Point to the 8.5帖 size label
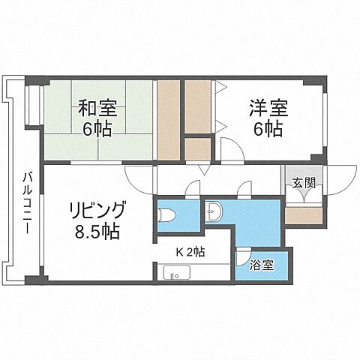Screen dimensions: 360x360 [98, 231]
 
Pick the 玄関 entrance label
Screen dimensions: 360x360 [303, 181]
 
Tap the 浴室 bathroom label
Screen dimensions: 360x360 [262, 264]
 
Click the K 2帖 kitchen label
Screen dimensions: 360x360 [190, 252]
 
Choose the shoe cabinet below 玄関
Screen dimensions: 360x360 [304, 214]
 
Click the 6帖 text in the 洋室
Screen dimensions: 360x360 [268, 129]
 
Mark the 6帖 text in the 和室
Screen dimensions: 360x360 [97, 129]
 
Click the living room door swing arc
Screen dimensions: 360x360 [138, 177]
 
